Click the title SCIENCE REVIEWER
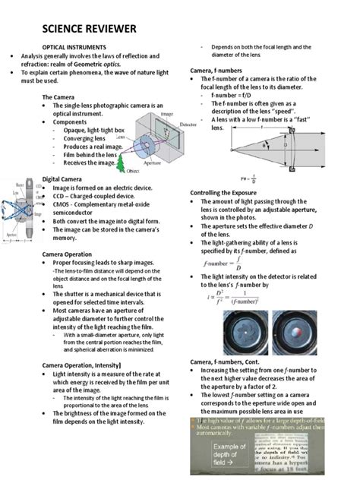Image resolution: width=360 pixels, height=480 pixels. [x=90, y=29]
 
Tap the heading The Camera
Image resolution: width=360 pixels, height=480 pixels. [x=57, y=97]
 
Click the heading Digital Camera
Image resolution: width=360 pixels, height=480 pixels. [x=60, y=179]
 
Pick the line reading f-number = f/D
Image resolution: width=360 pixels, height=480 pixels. [x=231, y=96]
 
